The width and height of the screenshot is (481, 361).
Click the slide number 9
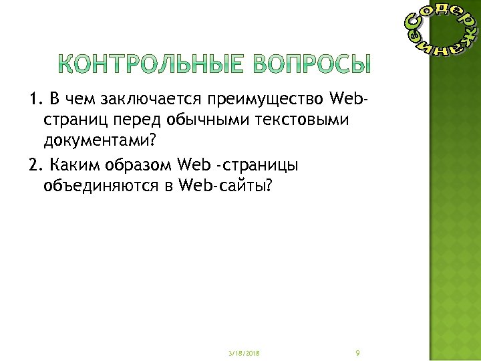[359, 352]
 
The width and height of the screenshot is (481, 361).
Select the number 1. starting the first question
[35, 100]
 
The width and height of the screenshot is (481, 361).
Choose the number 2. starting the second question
[35, 165]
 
